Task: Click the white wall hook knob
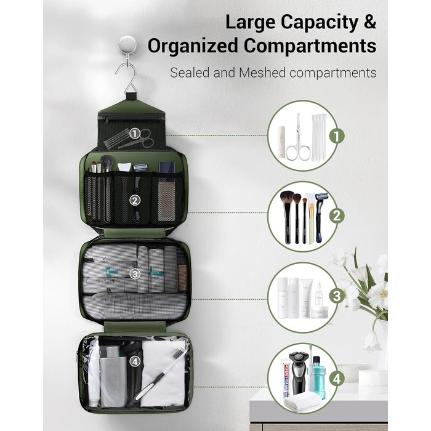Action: click(x=127, y=44)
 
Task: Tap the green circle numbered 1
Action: click(x=337, y=136)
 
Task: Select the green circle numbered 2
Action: click(x=337, y=216)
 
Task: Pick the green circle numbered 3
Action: click(x=337, y=296)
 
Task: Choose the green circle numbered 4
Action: click(x=337, y=379)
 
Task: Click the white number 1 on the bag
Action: click(x=135, y=134)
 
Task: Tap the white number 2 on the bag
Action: click(x=135, y=201)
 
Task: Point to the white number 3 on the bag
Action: click(x=135, y=274)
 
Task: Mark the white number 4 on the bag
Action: click(x=135, y=362)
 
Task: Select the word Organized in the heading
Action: click(x=193, y=46)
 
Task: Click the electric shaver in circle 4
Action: click(x=299, y=369)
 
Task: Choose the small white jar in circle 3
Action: click(x=320, y=312)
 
